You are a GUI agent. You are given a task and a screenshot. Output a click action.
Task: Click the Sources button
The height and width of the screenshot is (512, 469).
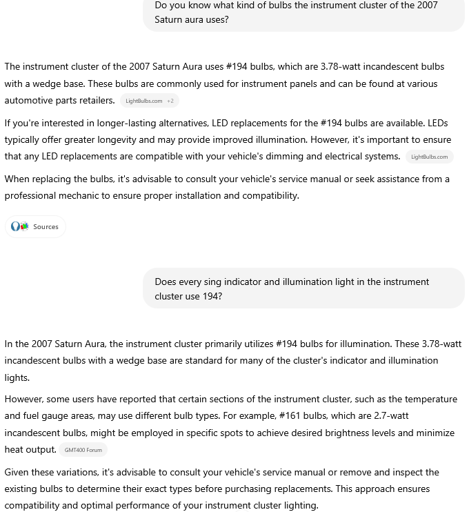pyautogui.click(x=36, y=226)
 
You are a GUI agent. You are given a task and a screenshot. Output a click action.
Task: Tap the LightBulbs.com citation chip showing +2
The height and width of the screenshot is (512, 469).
pyautogui.click(x=149, y=101)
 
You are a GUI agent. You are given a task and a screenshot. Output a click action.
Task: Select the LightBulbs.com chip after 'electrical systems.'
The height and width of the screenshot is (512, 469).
pyautogui.click(x=429, y=157)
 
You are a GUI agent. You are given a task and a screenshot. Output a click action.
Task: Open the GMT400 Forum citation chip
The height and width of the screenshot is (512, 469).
pyautogui.click(x=83, y=450)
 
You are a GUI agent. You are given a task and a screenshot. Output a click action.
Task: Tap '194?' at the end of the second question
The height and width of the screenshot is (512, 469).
pyautogui.click(x=211, y=296)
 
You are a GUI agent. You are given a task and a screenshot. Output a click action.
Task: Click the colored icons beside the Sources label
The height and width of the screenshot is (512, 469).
pyautogui.click(x=19, y=226)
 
